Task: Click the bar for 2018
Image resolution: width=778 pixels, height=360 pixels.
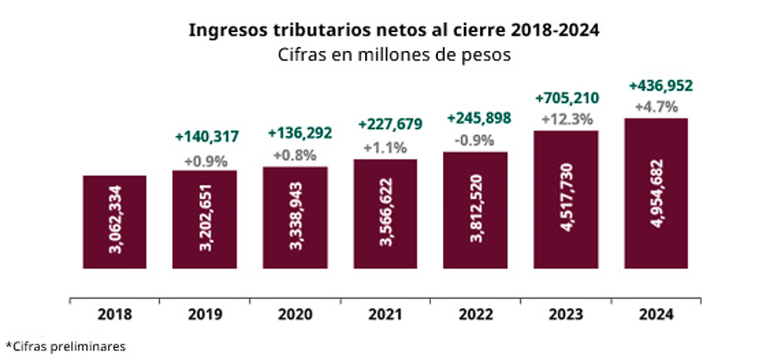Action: click(x=114, y=222)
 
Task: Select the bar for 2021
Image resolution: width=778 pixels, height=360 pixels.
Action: click(x=385, y=215)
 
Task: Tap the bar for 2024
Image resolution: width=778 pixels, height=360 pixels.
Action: click(x=656, y=193)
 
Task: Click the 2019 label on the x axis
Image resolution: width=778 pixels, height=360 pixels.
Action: click(x=205, y=314)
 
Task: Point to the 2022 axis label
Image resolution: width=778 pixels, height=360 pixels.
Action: click(x=476, y=314)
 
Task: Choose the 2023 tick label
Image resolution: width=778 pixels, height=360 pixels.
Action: click(x=566, y=314)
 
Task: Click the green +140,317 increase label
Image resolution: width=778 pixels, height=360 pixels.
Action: click(x=207, y=137)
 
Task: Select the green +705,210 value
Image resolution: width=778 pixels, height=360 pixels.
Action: click(x=567, y=98)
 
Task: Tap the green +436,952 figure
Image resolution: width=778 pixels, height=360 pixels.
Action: click(x=660, y=86)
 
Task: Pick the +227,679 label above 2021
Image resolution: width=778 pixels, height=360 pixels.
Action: click(x=390, y=124)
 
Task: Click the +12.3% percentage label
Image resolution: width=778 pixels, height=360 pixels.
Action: click(x=567, y=120)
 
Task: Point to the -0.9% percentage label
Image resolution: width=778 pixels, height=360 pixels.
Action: click(x=474, y=141)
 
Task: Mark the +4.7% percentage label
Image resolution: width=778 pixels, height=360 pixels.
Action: click(x=657, y=107)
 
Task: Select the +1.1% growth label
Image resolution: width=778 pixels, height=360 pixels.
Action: click(x=385, y=148)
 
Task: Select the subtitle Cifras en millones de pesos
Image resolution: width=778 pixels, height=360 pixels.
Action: click(x=394, y=55)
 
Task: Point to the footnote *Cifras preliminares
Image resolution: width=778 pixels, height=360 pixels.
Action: click(x=66, y=346)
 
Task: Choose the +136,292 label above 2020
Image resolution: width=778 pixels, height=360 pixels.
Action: click(x=299, y=133)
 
